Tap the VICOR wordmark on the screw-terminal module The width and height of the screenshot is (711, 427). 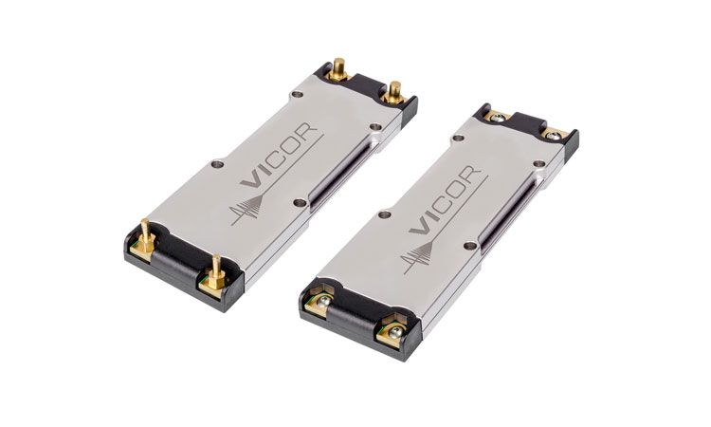point(445,199)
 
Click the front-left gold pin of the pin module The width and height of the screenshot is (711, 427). point(146,237)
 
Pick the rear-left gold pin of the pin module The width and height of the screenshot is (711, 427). point(338,68)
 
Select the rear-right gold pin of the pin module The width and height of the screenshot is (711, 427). point(394,92)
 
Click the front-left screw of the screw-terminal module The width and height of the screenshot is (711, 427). point(323,302)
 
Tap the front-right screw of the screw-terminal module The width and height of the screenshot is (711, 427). point(395,333)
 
